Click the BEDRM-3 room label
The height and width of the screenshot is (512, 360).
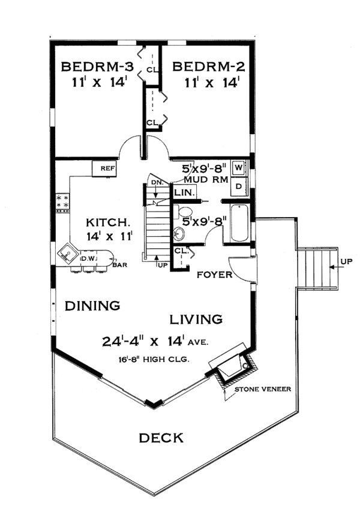click(x=97, y=67)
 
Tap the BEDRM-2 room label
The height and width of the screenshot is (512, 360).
click(x=208, y=67)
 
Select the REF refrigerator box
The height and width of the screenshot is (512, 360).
click(x=105, y=168)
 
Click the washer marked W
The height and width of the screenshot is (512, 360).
click(x=239, y=168)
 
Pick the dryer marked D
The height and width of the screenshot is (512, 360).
click(x=239, y=186)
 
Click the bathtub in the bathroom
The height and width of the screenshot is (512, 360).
click(x=239, y=223)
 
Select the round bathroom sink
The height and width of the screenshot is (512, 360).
click(x=178, y=233)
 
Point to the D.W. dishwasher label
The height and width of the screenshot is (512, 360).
click(x=87, y=258)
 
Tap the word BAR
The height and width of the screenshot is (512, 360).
click(x=119, y=265)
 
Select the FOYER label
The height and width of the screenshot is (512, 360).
click(x=214, y=275)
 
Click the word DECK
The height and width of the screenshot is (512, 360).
click(x=161, y=438)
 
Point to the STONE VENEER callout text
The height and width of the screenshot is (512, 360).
click(x=263, y=389)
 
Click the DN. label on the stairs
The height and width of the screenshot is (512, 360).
click(x=157, y=183)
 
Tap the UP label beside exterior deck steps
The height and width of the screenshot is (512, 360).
click(x=346, y=261)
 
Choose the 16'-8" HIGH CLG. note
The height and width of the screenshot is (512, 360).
click(x=154, y=360)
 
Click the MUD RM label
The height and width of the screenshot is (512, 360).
click(x=206, y=180)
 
